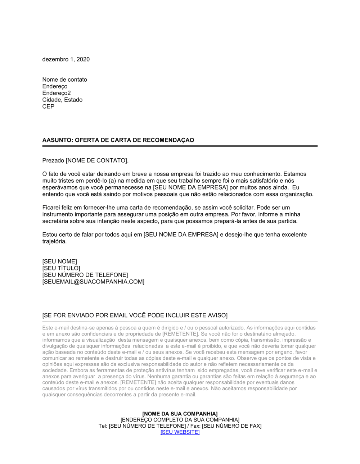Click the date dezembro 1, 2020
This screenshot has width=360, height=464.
66,59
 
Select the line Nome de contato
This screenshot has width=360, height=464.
64,79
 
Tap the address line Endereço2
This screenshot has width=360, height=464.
57,93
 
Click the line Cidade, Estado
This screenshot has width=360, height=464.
62,100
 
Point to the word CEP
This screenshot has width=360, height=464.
48,107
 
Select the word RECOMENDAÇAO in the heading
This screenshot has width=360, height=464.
168,140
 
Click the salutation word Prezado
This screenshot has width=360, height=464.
53,160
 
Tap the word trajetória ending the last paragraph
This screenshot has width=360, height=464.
54,241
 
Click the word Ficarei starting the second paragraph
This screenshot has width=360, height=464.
52,208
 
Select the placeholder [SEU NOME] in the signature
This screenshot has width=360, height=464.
59,261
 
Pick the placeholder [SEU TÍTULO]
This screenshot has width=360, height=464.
61,268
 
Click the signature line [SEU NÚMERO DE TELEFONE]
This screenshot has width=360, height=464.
85,275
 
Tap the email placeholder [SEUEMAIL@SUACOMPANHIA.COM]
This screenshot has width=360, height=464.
93,282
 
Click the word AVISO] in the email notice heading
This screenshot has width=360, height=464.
218,315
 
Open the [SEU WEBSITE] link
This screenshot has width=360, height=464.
180,432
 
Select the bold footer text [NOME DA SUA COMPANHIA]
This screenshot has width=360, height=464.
180,414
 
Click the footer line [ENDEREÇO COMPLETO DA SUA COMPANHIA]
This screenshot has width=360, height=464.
180,420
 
